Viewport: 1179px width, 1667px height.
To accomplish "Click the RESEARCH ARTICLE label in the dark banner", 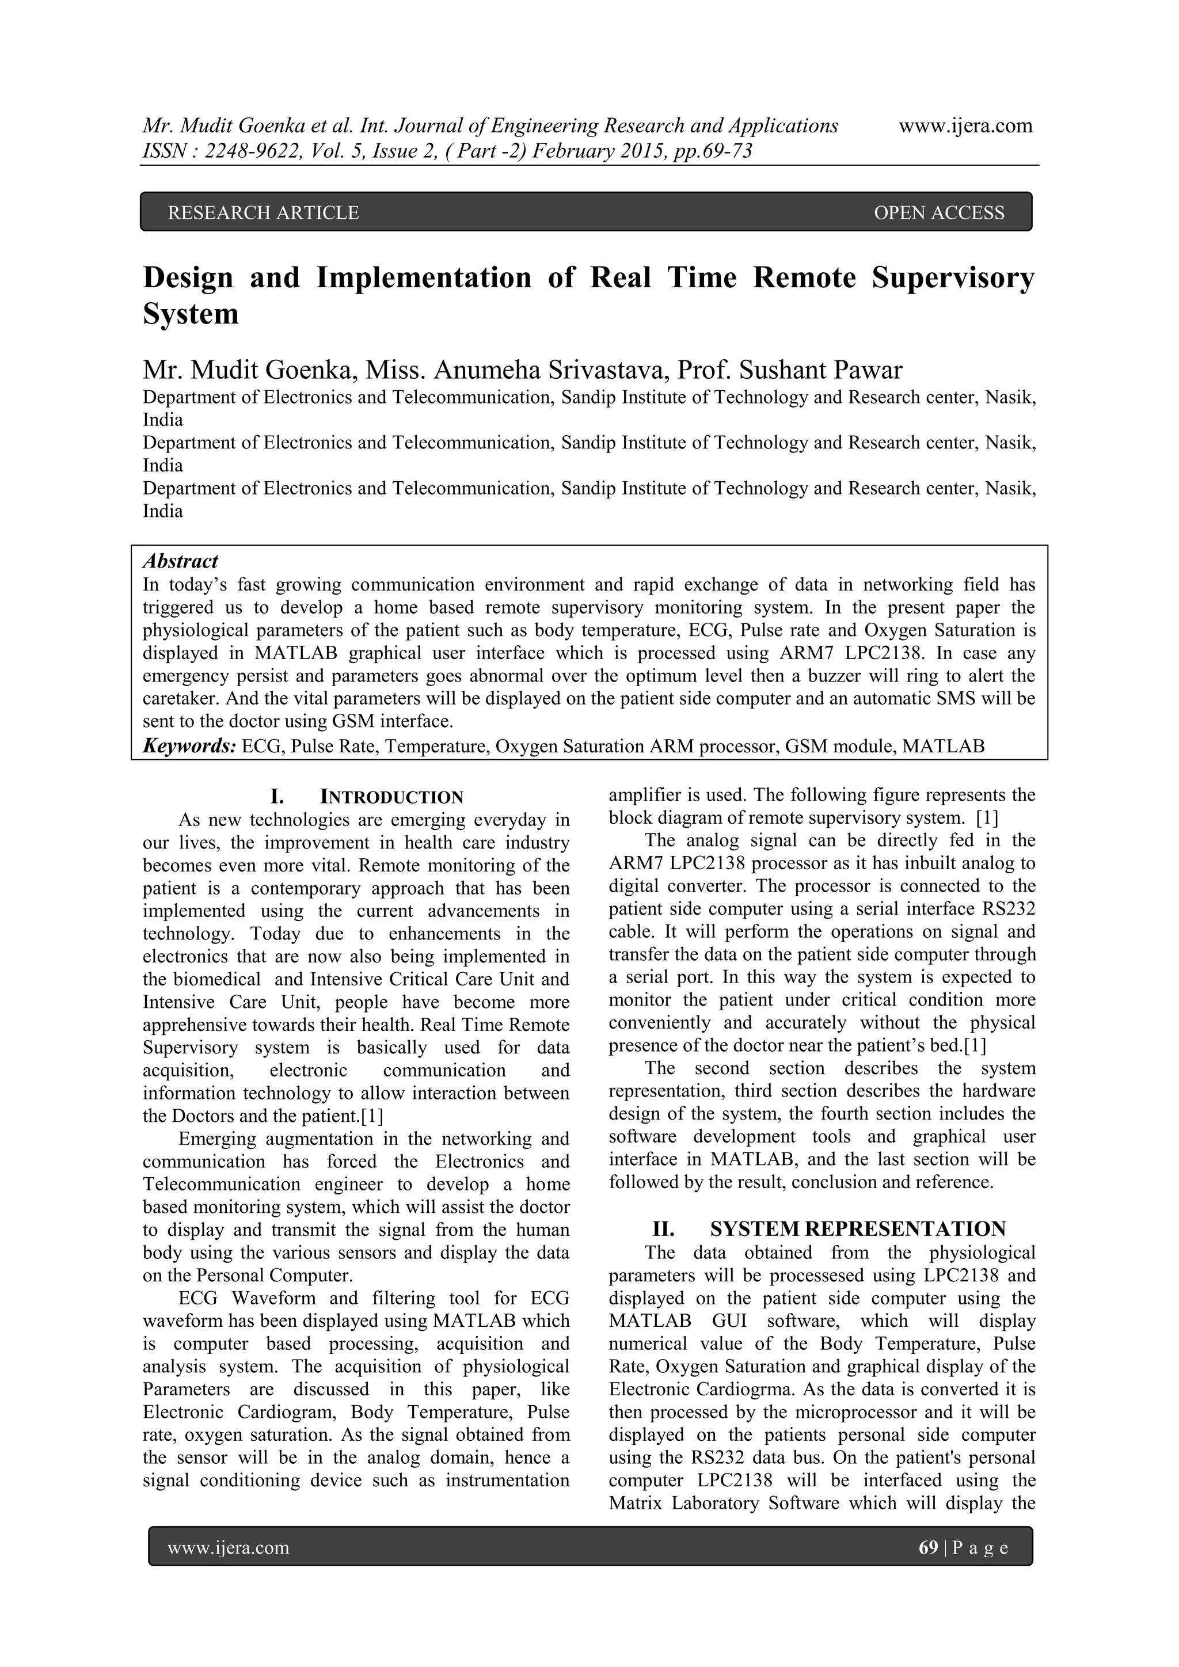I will pos(263,213).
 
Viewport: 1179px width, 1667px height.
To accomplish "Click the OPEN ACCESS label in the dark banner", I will pos(939,213).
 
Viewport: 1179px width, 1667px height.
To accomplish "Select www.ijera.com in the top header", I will pos(965,125).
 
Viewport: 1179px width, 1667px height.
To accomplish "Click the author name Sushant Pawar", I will pos(820,370).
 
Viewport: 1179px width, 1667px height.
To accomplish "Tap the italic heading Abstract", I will pos(180,561).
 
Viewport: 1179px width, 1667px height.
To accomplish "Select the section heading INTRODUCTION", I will pos(391,797).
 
